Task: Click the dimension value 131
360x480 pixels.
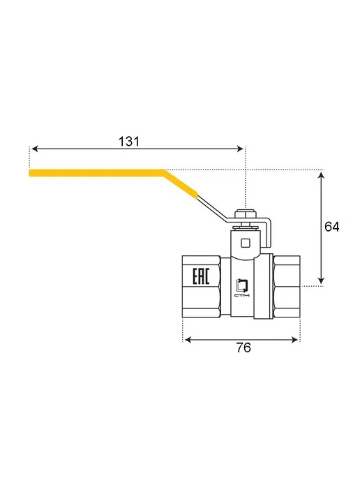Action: pos(129,142)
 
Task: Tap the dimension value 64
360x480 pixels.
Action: pos(332,227)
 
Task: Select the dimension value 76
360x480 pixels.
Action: pos(243,347)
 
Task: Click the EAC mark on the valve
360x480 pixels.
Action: pos(201,276)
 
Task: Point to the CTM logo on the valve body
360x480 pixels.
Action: pos(242,288)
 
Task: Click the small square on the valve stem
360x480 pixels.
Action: pos(246,243)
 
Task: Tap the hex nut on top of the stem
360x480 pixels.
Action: pos(245,213)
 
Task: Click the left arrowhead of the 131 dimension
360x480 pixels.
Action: pos(35,149)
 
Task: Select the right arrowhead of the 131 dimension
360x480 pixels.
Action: pos(240,149)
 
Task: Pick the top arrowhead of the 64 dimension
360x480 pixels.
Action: pos(321,175)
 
